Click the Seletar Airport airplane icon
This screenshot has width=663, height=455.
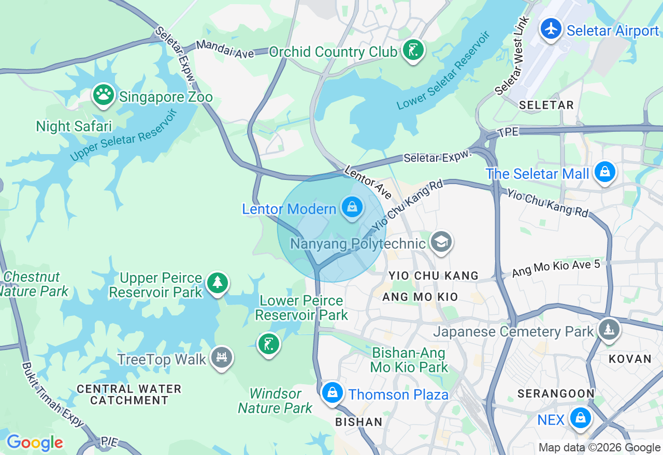tap(551, 28)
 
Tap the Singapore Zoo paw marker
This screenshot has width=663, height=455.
tap(104, 95)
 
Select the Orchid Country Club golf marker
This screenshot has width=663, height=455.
tap(413, 50)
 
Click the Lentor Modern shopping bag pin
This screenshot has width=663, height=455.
tap(352, 208)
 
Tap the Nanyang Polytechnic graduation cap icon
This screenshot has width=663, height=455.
tap(441, 241)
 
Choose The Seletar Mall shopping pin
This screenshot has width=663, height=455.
tap(604, 172)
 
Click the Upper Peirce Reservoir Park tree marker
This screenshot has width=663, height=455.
tap(218, 283)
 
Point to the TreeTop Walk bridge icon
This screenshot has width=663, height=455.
tap(222, 357)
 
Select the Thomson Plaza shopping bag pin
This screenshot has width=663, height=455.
tap(332, 393)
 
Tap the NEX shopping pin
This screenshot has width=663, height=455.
tap(580, 418)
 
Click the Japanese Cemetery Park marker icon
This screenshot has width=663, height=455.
tap(609, 329)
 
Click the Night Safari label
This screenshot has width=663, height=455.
tap(74, 126)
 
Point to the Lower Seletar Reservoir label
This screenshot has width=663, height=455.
tap(443, 70)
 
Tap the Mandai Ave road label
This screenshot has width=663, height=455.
tap(225, 50)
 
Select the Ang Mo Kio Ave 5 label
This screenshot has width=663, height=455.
tap(556, 268)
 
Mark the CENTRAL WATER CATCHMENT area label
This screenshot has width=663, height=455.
tap(129, 395)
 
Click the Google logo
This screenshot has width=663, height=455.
tap(35, 443)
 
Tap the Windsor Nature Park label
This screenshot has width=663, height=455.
tap(275, 401)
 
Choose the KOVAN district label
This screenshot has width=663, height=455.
tap(630, 359)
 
